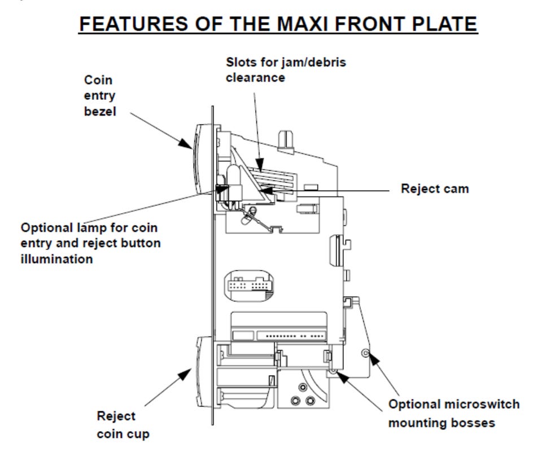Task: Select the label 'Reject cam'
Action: click(435, 188)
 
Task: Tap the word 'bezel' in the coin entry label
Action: click(100, 111)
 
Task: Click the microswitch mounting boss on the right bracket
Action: click(365, 353)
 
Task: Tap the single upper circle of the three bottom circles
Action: click(303, 388)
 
